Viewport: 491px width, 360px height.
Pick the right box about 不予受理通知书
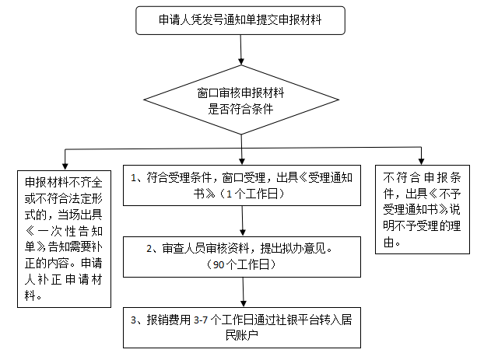(x=423, y=210)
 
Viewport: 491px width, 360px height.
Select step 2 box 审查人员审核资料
(x=244, y=257)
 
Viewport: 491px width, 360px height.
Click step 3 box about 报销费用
(x=244, y=327)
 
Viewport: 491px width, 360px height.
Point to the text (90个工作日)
(x=244, y=266)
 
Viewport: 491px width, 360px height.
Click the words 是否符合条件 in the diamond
(x=240, y=110)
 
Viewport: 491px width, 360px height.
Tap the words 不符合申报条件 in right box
(x=423, y=176)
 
